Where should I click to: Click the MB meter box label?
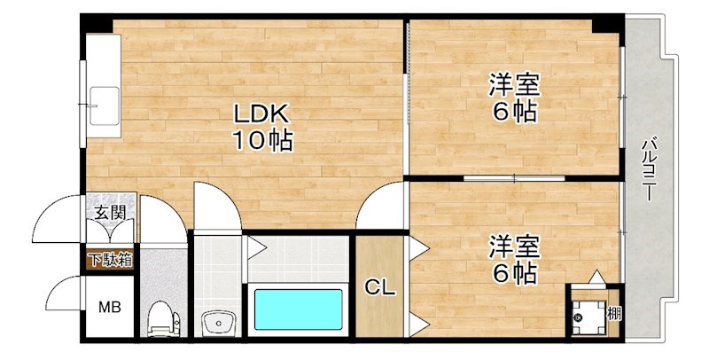(108, 308)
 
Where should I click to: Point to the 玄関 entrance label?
(111, 213)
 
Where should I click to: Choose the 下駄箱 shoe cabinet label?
(110, 260)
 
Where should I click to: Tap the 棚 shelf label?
(613, 312)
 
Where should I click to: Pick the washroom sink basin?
(215, 323)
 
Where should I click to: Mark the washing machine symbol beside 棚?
(585, 312)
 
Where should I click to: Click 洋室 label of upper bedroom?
(514, 87)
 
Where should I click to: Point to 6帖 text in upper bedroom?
(514, 113)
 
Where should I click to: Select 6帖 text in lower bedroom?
(514, 273)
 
